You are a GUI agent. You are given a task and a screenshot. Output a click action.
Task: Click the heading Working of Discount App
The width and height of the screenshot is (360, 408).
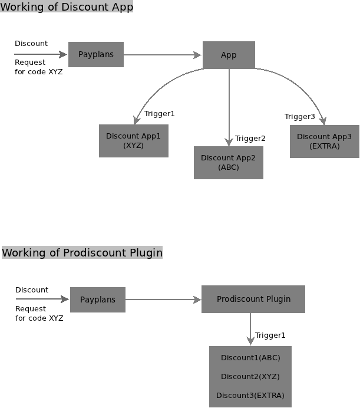point(67,7)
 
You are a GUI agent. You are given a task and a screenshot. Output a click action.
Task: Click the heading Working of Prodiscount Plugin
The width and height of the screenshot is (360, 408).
point(82,253)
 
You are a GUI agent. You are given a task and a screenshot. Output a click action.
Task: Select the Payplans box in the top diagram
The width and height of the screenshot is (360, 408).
point(96,54)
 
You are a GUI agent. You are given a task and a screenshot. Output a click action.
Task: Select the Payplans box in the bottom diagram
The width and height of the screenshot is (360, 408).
point(97,300)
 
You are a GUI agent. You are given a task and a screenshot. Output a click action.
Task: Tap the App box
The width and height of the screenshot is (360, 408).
point(229,55)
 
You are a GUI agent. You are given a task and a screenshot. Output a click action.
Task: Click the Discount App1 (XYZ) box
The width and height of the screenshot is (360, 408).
point(133,140)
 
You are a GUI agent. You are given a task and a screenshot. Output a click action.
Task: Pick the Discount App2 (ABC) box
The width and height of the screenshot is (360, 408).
point(228,162)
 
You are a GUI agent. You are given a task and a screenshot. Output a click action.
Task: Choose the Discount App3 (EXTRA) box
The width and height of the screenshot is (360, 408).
point(324,141)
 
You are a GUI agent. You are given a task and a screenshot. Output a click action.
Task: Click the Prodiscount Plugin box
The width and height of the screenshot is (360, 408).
point(253,299)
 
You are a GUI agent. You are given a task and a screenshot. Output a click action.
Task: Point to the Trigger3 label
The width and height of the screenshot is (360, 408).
point(299,117)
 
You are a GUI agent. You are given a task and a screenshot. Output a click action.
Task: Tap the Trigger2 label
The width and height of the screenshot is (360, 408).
point(250,139)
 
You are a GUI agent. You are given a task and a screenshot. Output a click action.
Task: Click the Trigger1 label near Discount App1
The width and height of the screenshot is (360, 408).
point(160,114)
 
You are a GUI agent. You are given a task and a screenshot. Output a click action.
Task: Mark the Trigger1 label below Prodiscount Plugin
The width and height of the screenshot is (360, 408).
point(270,335)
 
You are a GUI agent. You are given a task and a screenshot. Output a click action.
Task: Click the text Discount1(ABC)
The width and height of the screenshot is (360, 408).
point(250,358)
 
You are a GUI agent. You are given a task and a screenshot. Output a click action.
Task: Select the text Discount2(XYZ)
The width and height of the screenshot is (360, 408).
point(250,377)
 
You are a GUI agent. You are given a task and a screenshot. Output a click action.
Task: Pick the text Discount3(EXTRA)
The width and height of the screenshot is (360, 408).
point(250,395)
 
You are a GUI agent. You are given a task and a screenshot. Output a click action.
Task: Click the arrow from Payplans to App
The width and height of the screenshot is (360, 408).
point(163,55)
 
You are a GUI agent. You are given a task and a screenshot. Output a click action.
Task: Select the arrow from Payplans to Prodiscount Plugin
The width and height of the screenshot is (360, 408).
point(163,300)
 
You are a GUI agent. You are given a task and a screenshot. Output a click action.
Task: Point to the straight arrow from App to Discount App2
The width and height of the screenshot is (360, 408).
point(229,106)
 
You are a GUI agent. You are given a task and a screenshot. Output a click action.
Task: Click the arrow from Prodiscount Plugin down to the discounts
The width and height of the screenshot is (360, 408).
point(250,328)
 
